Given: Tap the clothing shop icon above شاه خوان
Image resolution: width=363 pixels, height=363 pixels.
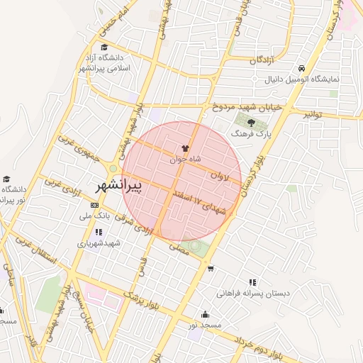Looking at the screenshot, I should click(185, 149).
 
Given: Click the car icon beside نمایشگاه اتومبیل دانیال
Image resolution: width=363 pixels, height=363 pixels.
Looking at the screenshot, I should click(302, 69).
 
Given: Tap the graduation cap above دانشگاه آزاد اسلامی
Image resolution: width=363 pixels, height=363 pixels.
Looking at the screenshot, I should click(104, 48).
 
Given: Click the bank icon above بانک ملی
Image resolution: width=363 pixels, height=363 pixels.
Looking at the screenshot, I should click(94, 206).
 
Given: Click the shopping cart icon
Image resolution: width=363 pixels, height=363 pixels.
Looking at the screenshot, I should click(210, 268).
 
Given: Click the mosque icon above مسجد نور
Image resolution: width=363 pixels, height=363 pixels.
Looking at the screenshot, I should click(206, 315).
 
